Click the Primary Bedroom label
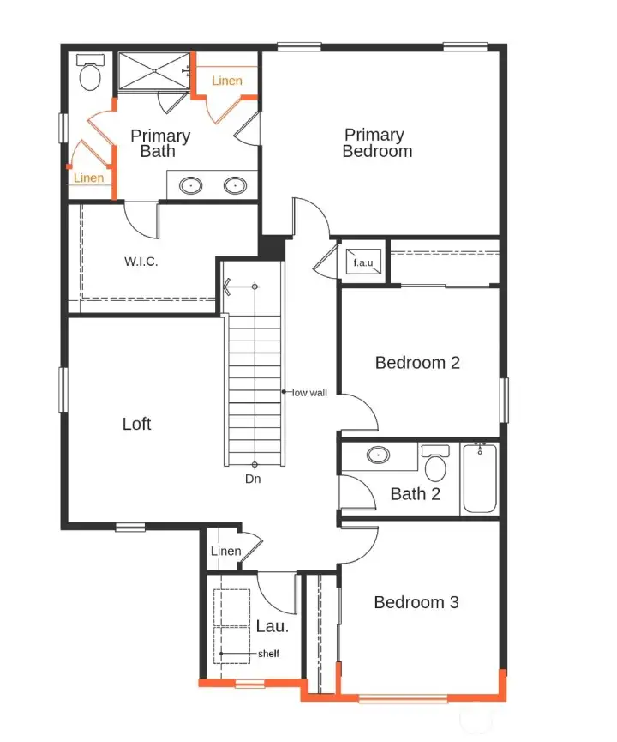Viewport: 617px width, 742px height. coord(377,143)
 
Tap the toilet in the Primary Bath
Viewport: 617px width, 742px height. coord(90,75)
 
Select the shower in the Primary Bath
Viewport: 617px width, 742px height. coord(153,70)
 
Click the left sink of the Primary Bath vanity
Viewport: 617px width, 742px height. coord(191,184)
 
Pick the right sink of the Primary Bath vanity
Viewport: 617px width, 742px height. coord(235,184)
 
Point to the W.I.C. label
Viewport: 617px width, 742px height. coord(141,261)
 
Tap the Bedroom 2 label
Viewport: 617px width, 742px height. coord(417,363)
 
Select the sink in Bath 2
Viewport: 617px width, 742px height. coord(378,455)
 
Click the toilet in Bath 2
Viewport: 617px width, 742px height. coord(436,465)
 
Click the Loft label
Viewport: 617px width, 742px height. coord(137,424)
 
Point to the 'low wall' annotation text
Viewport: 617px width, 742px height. coord(310,393)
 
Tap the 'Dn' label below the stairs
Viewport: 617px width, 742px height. coord(253,480)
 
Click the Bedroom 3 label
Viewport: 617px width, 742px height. coord(416,603)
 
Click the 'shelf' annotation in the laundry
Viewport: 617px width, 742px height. coord(268,654)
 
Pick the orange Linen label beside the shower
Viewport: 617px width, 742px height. coord(227,81)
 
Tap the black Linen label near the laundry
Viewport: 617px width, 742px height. coord(225,552)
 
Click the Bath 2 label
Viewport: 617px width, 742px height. coord(415,494)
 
